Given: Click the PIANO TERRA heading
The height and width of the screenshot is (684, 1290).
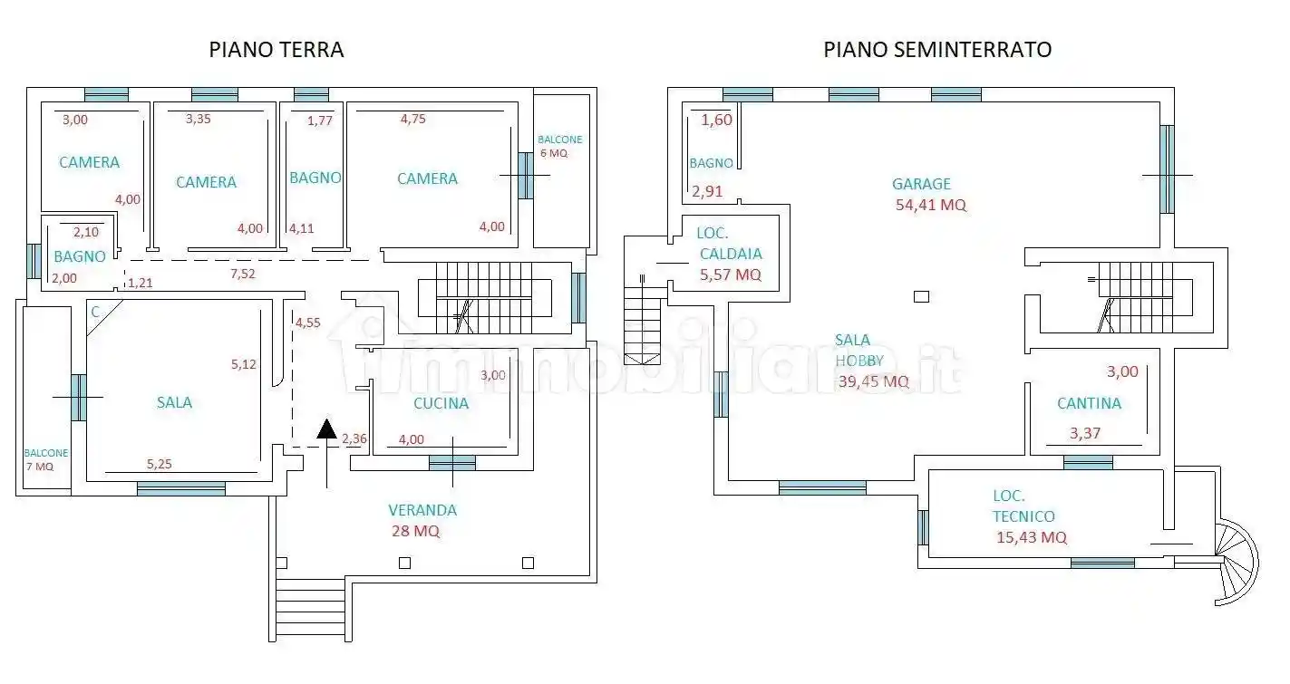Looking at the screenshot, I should (276, 50).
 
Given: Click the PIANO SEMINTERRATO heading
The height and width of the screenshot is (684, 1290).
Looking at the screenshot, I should (937, 50).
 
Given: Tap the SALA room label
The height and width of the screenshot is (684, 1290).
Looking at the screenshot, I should (174, 402).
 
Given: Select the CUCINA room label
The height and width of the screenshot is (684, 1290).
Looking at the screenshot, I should (441, 403).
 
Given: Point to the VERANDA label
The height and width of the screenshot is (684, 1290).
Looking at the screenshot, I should (422, 510).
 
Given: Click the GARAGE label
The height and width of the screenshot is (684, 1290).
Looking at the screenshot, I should (921, 184).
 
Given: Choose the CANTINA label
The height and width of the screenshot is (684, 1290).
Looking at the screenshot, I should (1089, 403).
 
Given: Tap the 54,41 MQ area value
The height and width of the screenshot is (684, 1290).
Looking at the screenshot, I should (931, 205).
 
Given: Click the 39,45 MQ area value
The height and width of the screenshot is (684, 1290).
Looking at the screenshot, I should (873, 381).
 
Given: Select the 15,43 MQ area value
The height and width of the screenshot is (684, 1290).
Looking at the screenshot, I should (1031, 537).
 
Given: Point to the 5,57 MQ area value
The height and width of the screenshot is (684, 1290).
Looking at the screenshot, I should (730, 275).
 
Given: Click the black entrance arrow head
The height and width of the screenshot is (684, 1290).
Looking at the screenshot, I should (326, 429).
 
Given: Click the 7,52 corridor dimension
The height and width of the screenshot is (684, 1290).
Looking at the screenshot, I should (241, 273).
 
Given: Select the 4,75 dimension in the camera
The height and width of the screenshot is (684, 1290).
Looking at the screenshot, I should (412, 119).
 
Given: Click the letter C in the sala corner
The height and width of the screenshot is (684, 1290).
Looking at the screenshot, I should (95, 311).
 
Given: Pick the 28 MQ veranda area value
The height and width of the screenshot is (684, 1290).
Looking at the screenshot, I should (415, 531).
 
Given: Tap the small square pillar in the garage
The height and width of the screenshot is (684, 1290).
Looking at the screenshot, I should (921, 295).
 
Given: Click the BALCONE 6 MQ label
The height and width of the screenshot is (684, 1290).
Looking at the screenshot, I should (559, 147).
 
